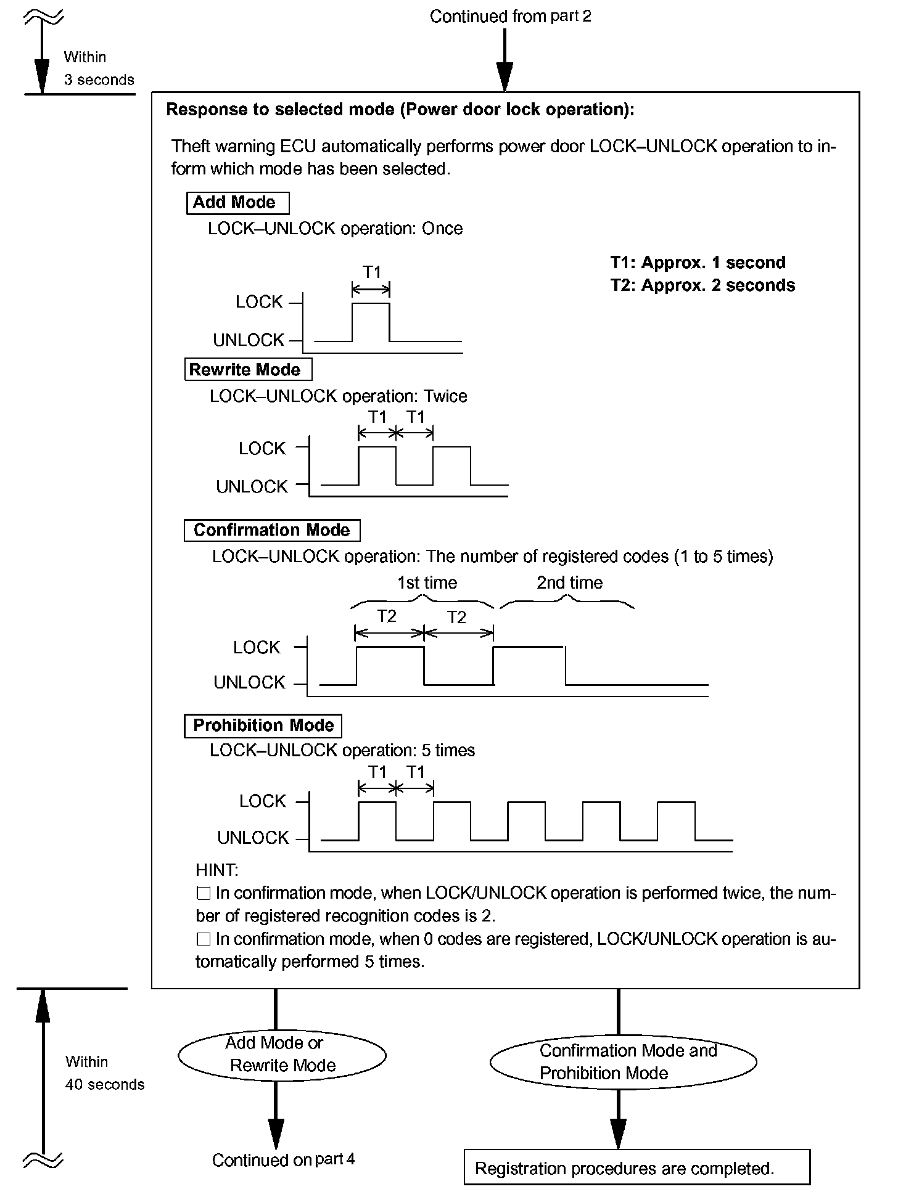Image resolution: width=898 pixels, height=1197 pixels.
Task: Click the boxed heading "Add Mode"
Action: [237, 203]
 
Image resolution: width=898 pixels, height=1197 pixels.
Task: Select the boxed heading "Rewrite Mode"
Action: [248, 370]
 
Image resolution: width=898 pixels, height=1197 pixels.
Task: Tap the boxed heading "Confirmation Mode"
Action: [272, 531]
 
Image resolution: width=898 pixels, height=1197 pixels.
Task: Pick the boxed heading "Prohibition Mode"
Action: [263, 725]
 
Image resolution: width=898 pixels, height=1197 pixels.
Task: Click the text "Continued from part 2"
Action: [510, 16]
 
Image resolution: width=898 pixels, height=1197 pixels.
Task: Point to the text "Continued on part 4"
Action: [283, 1159]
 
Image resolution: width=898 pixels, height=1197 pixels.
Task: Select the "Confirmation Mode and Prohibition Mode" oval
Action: [623, 1061]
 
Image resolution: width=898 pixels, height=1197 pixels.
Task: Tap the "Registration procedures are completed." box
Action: [636, 1168]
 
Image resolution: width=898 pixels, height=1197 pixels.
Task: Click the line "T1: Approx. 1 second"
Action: [698, 263]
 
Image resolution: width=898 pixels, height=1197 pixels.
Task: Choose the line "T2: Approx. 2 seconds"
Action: [702, 285]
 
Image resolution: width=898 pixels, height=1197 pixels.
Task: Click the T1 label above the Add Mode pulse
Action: [371, 272]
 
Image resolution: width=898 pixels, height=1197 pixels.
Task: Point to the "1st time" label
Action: [427, 583]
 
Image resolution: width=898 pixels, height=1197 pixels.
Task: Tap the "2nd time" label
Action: [569, 583]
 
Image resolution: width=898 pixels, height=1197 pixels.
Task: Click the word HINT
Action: [216, 870]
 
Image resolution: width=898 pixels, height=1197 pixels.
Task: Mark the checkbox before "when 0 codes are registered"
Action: [203, 939]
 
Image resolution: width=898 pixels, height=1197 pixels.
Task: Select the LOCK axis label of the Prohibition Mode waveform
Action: [262, 801]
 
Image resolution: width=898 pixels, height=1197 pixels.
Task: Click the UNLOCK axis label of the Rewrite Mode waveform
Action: [252, 487]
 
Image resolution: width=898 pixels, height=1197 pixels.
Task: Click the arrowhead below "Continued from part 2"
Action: [505, 78]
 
